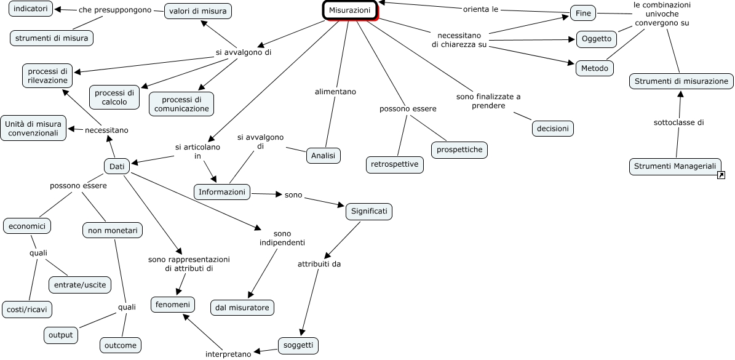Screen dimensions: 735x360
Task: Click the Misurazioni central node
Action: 350,10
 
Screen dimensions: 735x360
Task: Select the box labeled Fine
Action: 583,14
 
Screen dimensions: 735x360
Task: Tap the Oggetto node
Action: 596,39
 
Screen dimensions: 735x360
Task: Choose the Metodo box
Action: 594,68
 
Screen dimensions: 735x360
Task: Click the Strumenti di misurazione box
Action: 681,81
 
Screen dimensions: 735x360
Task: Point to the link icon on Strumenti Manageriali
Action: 721,175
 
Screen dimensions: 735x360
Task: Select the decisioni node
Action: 553,129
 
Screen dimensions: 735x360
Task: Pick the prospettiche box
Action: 459,150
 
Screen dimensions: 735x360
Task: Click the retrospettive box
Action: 395,164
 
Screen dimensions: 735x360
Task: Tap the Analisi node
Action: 324,156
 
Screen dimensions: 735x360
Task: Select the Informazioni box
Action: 222,192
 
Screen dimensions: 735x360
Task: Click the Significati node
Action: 369,212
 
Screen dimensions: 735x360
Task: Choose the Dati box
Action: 117,166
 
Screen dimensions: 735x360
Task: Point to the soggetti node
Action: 298,345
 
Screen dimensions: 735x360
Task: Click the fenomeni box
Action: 172,305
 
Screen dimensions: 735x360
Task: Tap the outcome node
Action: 121,345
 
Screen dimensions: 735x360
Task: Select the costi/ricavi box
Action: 26,310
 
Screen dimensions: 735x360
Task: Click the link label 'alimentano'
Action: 335,92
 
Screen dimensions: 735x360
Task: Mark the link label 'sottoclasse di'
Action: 679,123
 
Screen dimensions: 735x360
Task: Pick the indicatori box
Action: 31,9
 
